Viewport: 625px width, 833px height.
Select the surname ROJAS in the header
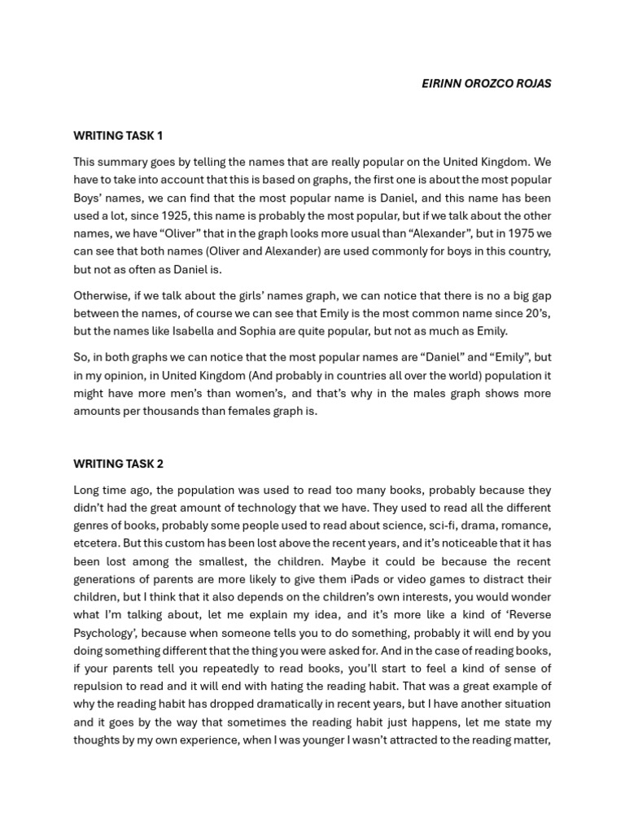[533, 84]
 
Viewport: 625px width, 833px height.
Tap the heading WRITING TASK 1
[118, 136]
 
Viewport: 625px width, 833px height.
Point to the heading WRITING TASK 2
[118, 464]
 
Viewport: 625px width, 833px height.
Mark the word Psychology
[103, 633]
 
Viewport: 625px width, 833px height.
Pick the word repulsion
[100, 687]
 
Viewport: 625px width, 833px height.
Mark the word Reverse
[530, 615]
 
